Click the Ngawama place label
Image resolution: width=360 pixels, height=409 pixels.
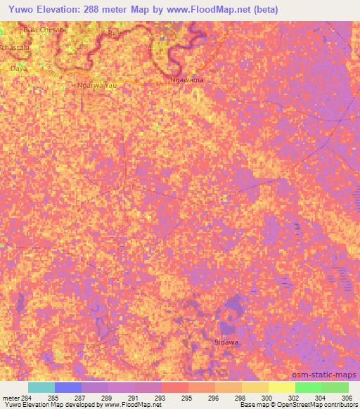(x=188, y=80)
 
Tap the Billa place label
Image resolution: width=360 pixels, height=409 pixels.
(x=115, y=32)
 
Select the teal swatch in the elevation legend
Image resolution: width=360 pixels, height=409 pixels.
(x=41, y=387)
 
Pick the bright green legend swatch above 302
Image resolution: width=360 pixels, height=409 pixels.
(x=308, y=387)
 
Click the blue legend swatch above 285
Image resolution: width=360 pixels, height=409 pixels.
(x=68, y=387)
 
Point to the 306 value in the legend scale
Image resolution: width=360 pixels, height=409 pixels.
(x=345, y=398)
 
